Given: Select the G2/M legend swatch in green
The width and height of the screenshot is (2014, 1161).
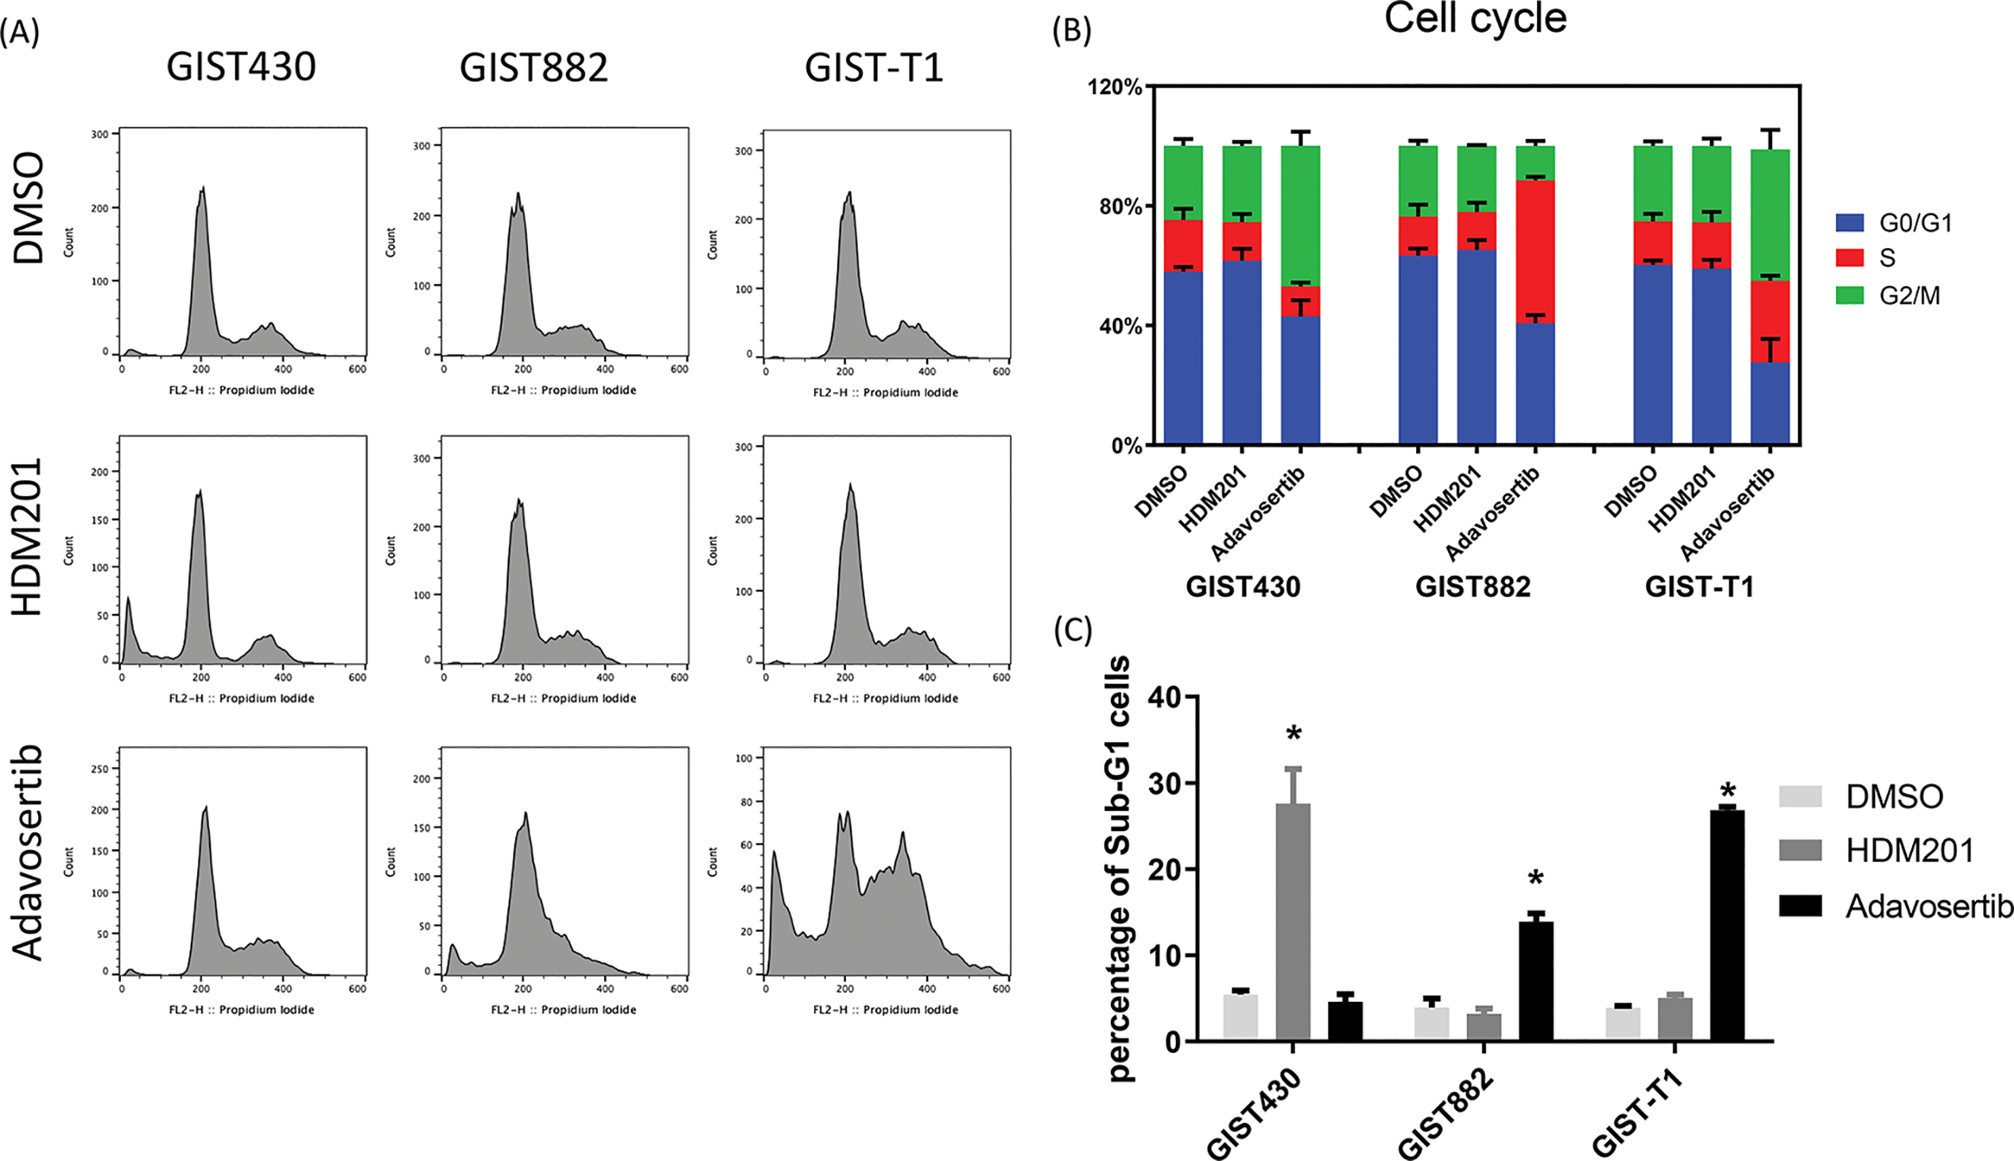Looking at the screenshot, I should pos(1849,296).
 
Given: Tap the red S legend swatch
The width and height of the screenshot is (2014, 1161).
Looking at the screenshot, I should pos(1849,258).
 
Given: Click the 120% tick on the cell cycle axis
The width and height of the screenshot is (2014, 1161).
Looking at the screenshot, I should pos(1115,87).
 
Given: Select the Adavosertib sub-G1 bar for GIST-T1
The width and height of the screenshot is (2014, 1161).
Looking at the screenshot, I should pos(1727,925).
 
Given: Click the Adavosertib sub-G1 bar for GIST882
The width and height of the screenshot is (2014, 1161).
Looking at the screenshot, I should pos(1535,980).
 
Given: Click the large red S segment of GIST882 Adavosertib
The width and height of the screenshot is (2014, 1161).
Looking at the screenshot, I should pos(1535,251).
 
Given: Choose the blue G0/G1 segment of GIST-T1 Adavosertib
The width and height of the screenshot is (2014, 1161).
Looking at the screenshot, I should pos(1770,402).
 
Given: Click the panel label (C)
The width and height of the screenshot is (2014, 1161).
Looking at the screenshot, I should pos(1073,630).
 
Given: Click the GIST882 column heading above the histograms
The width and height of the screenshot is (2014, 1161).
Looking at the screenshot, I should pos(534,68).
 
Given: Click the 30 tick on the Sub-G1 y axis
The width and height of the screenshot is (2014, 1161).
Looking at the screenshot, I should pos(1163,783).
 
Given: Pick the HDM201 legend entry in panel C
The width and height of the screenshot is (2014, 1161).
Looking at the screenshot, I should pos(1910,851).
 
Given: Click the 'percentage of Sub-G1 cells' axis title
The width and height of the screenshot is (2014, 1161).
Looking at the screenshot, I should pos(1120,868).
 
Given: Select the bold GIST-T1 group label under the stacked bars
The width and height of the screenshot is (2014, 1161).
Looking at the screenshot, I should pos(1699,587).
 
